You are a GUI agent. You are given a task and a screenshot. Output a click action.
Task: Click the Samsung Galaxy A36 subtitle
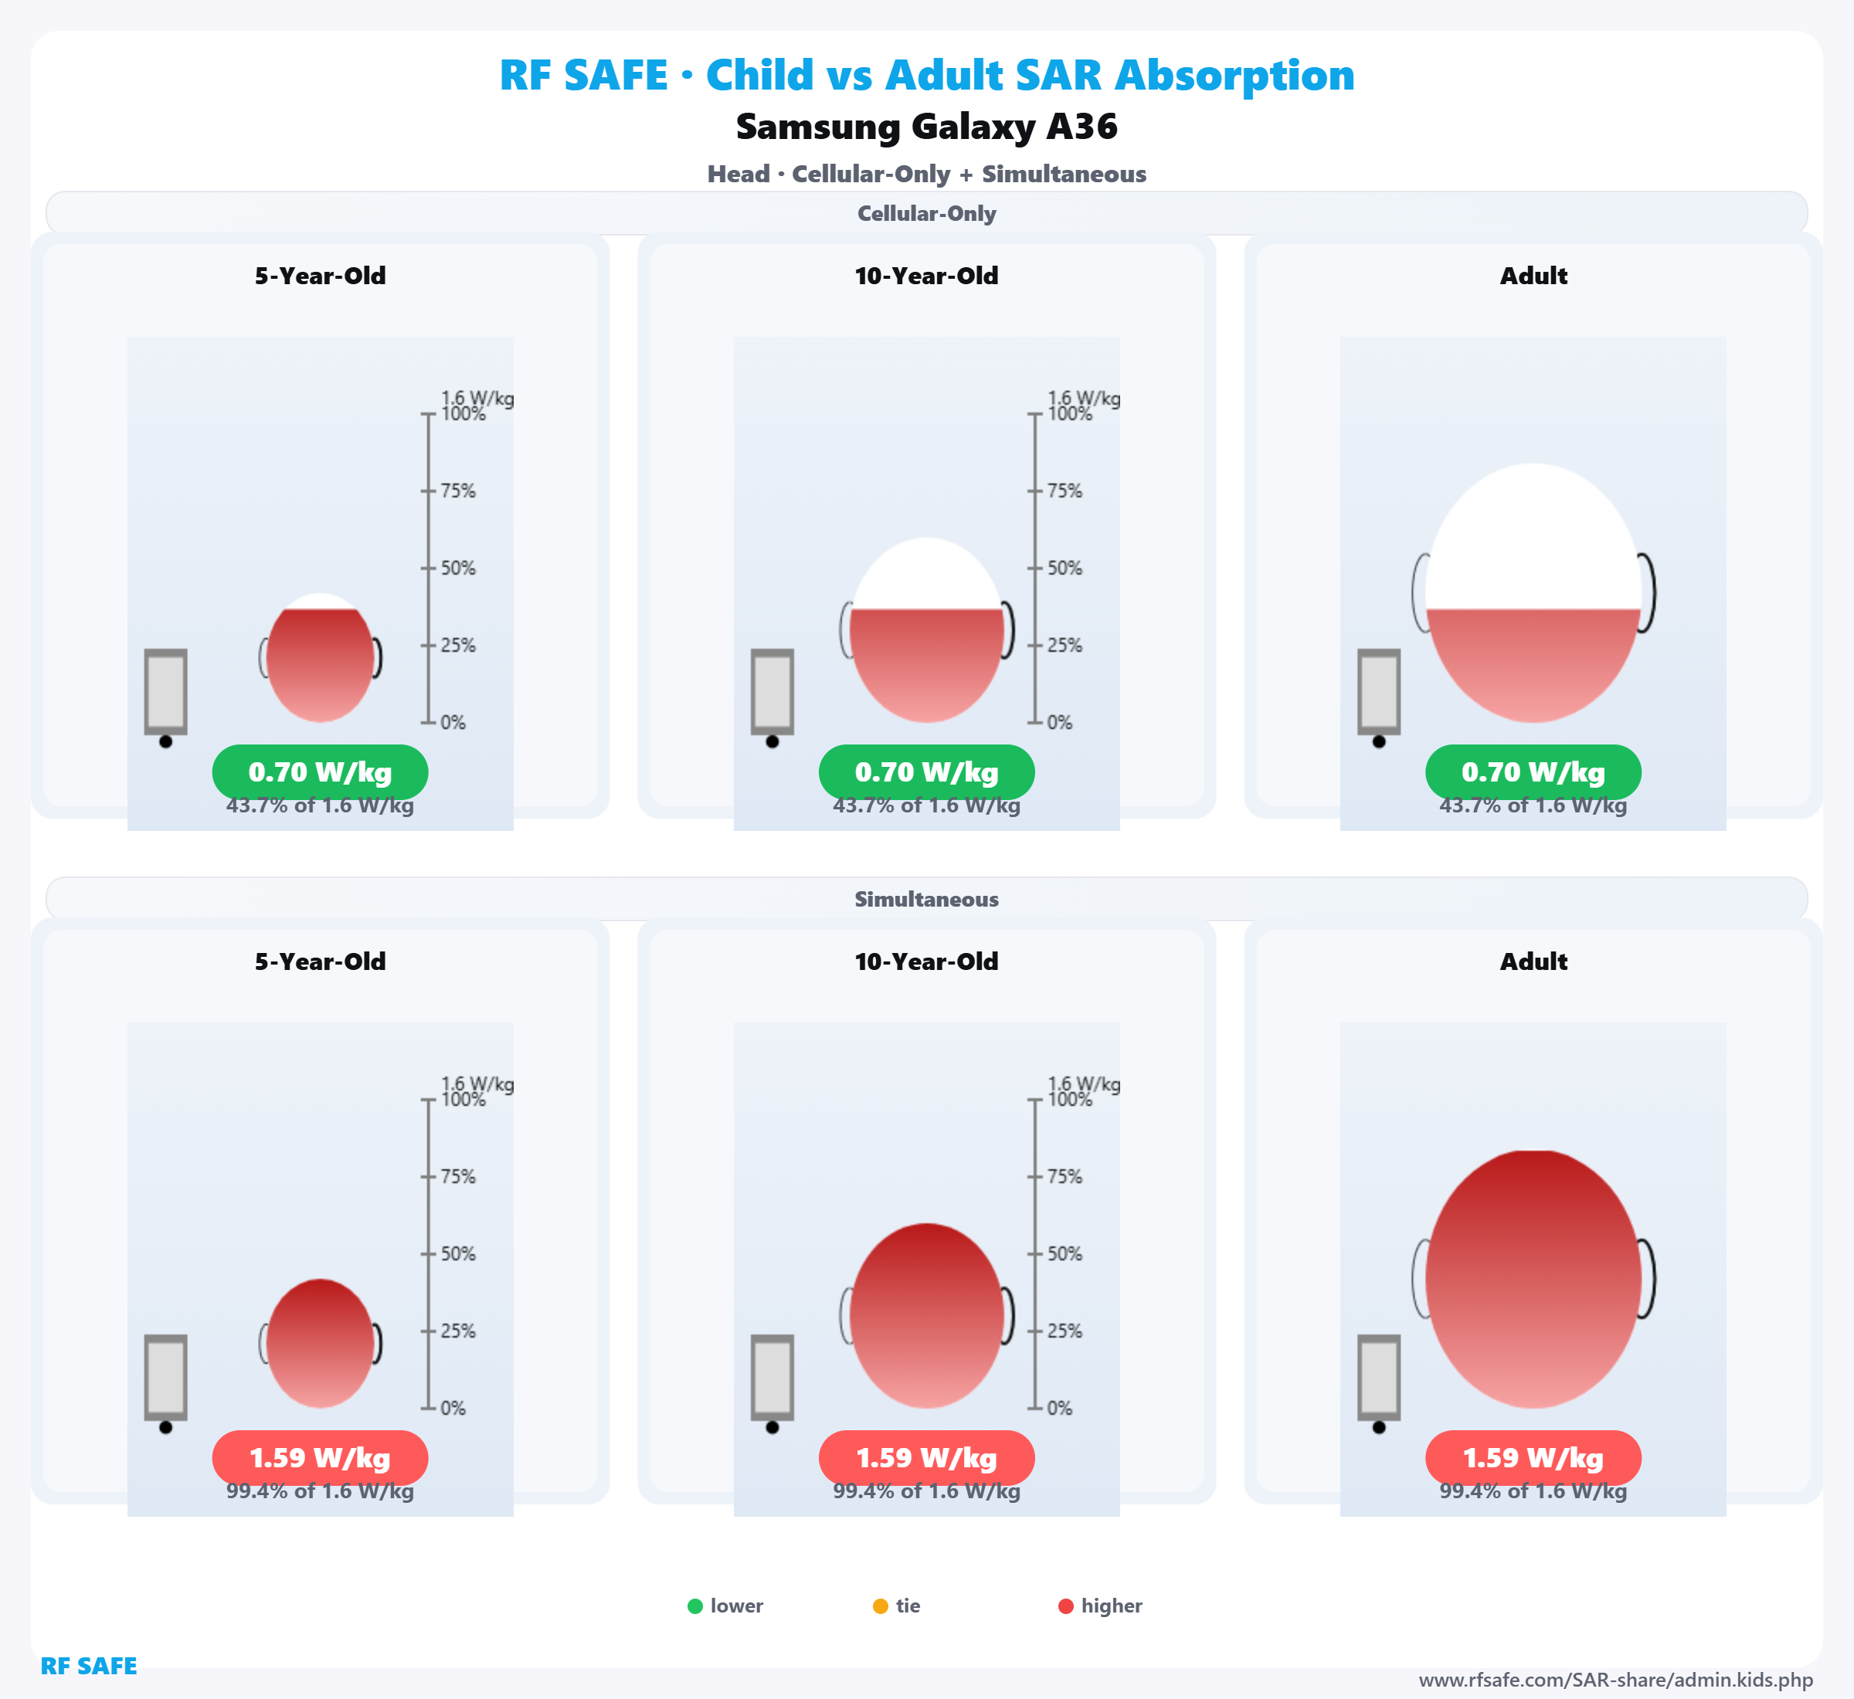click(926, 127)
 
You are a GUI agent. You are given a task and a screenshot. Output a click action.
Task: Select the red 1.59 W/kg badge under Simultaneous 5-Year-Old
click(320, 1458)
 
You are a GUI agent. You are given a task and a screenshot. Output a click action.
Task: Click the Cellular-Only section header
click(926, 213)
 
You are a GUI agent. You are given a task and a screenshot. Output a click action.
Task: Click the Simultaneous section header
click(926, 899)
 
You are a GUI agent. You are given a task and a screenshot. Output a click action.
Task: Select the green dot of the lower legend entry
click(695, 1606)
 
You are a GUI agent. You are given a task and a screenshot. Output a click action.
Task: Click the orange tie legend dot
click(880, 1606)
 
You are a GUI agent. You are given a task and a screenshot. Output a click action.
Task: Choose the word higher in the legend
click(1111, 1606)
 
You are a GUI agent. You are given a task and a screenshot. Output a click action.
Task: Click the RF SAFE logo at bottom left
click(88, 1666)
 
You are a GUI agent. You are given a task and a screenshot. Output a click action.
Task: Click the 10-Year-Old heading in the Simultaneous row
click(926, 961)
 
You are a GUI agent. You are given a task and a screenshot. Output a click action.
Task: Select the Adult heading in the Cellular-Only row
click(1533, 276)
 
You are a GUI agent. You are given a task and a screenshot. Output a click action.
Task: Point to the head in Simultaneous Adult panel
click(1533, 1279)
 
